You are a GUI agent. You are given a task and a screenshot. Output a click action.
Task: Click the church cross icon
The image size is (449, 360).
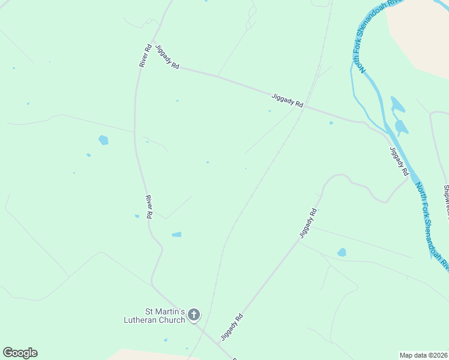(x=194, y=314)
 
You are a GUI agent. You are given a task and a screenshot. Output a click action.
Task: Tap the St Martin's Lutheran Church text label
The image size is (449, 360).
(x=165, y=315)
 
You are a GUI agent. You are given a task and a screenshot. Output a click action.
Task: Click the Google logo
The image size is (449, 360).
(x=20, y=353)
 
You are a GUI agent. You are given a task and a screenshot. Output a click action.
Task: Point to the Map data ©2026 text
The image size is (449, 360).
(x=423, y=355)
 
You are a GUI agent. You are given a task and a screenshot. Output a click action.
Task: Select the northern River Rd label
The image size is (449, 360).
(x=145, y=55)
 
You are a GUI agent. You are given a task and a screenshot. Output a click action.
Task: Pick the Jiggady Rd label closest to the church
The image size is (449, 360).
(x=232, y=327)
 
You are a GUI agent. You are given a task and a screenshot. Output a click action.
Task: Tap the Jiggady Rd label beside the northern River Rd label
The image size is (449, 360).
(x=167, y=57)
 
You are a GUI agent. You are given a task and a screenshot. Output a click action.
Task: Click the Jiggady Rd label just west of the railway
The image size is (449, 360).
(x=287, y=100)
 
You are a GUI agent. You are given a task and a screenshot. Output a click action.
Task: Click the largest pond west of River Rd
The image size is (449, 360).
(x=104, y=140)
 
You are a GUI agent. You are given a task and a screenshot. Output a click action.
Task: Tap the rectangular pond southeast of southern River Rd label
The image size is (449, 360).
(x=176, y=235)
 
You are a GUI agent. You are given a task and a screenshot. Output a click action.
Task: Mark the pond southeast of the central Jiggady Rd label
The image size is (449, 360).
(x=342, y=253)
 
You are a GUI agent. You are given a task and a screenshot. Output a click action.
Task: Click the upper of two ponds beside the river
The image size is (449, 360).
(x=397, y=104)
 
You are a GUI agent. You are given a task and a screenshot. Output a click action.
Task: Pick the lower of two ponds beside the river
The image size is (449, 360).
(x=401, y=127)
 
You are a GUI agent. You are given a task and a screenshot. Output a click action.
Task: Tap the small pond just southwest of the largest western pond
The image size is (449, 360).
(x=88, y=155)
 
